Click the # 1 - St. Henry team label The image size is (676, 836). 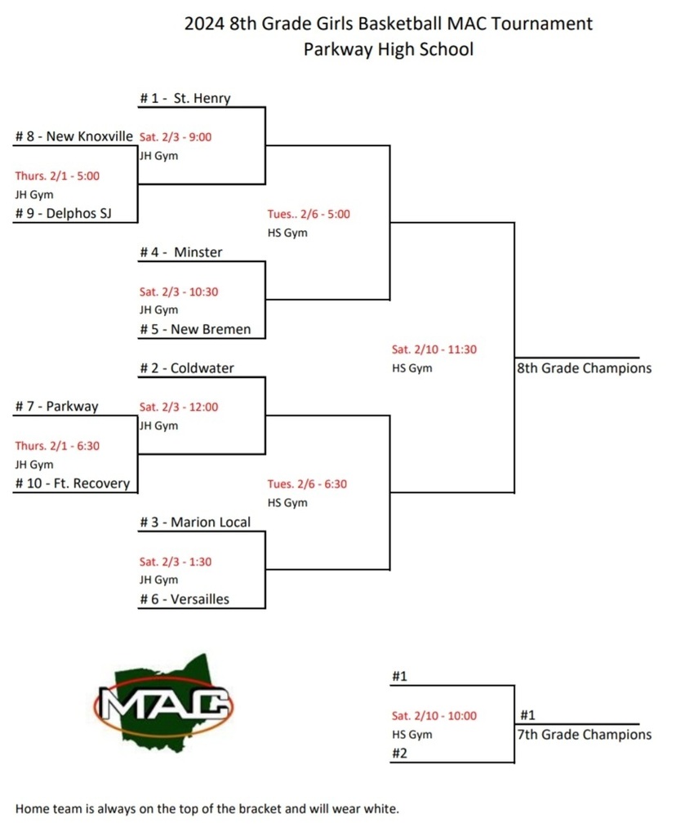point(185,99)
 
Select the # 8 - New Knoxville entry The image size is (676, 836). point(74,136)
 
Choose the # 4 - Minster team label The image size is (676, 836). point(180,252)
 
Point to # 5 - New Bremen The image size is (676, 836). point(195,330)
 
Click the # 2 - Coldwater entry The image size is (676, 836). point(186,368)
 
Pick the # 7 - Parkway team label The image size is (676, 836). point(56,407)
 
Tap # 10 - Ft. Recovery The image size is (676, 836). point(73,483)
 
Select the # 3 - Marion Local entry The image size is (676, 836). point(195,522)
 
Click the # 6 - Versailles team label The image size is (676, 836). point(185,599)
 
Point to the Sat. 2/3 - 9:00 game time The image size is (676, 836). point(176,137)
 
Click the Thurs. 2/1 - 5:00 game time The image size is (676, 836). point(58,176)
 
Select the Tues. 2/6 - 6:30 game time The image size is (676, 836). point(307,484)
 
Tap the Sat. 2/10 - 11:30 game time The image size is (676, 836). point(434,349)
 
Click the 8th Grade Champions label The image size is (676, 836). point(584,368)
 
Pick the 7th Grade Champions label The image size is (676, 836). point(584,735)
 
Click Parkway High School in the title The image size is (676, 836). point(388,49)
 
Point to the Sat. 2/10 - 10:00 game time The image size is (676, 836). point(434,716)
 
